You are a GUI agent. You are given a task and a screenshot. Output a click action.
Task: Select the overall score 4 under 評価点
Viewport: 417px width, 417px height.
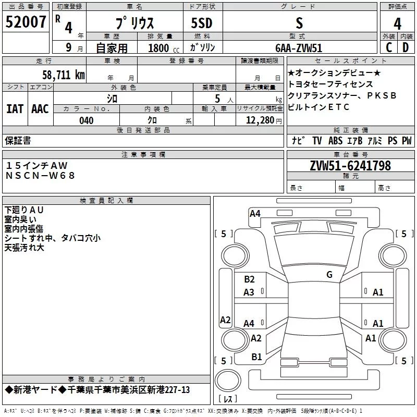pos(397,24)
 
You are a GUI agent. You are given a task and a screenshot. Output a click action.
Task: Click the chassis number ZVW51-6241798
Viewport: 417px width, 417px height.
pos(350,166)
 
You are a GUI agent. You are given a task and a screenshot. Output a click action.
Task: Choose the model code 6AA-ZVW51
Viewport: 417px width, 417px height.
pos(299,47)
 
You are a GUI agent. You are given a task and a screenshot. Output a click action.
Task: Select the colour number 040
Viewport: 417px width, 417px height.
pos(87,120)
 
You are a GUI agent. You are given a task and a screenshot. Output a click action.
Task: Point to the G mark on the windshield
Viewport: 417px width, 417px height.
pos(329,275)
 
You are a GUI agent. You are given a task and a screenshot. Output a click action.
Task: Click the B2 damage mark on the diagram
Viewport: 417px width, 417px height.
pos(249,279)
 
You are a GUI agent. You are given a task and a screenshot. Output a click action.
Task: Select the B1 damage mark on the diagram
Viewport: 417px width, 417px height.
pos(256,357)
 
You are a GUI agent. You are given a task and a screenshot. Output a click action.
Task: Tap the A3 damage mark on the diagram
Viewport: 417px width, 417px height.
pos(249,292)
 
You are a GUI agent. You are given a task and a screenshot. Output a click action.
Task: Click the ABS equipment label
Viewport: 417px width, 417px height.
pos(336,140)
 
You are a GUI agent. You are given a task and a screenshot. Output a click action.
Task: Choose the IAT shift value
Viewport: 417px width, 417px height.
pos(15,108)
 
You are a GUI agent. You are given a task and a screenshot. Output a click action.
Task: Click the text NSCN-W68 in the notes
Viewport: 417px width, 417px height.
pos(40,175)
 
